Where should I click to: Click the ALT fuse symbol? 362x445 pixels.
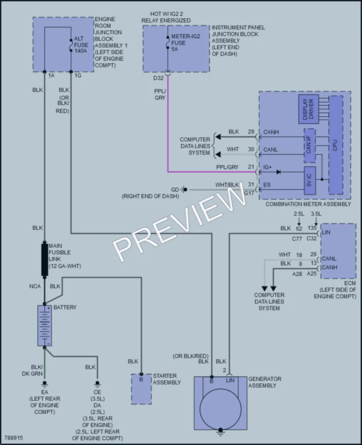(x=71, y=45)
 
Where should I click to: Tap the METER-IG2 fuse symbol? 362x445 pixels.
(x=168, y=42)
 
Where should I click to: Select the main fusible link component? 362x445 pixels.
(x=44, y=259)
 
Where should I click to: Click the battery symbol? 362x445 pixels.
(x=44, y=326)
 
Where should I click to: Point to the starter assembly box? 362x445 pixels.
(x=141, y=389)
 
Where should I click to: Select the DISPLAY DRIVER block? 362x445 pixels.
(x=308, y=109)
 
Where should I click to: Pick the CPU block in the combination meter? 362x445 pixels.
(x=335, y=145)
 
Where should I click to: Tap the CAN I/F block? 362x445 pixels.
(x=310, y=145)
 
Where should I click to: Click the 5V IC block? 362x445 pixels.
(x=310, y=181)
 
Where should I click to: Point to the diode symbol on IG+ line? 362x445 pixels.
(x=278, y=172)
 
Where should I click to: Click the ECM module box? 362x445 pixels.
(x=338, y=251)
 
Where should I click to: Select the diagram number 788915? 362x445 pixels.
(x=13, y=438)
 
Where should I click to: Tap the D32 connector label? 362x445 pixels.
(x=158, y=78)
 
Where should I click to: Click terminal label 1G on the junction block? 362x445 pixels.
(x=78, y=76)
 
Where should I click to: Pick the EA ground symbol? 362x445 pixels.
(x=44, y=384)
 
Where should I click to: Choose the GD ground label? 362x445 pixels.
(x=175, y=190)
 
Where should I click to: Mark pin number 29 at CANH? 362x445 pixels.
(x=251, y=132)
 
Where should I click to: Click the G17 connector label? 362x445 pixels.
(x=249, y=193)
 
